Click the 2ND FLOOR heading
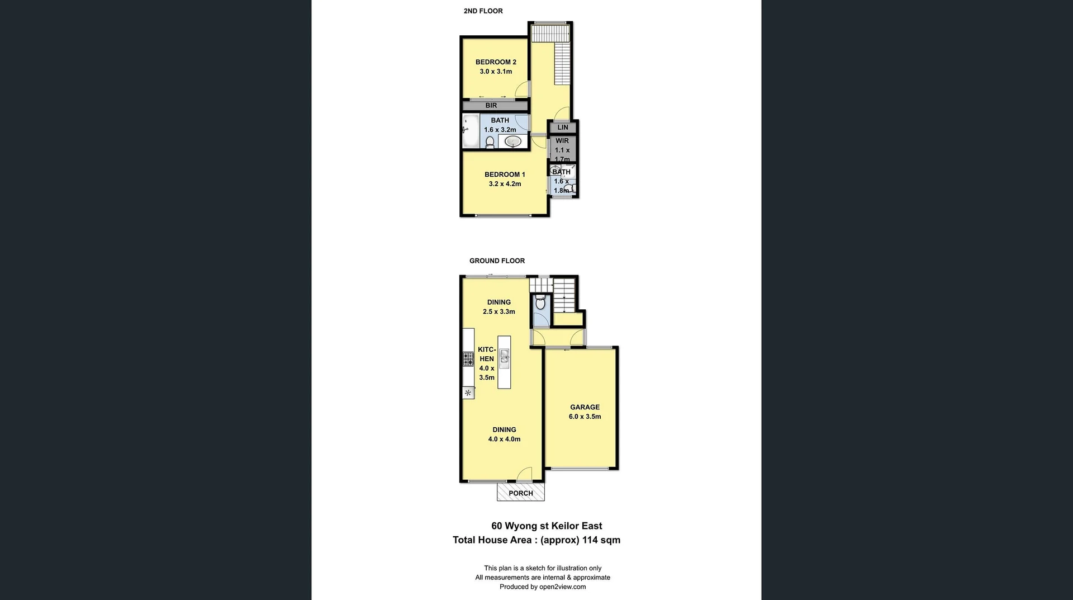click(x=483, y=11)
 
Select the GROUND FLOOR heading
click(x=497, y=261)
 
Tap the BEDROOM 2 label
click(x=496, y=62)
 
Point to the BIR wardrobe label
click(x=491, y=106)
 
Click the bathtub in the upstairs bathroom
click(x=471, y=131)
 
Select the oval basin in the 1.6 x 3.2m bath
click(x=513, y=142)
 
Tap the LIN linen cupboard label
click(x=563, y=127)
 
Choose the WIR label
click(x=562, y=141)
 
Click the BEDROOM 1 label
click(x=505, y=174)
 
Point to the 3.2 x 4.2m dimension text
click(x=505, y=184)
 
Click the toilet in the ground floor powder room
click(x=540, y=304)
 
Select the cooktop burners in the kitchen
click(x=468, y=358)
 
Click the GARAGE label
click(x=585, y=407)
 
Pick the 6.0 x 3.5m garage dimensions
click(x=585, y=417)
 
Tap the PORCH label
click(x=521, y=493)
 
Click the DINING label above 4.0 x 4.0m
click(x=504, y=430)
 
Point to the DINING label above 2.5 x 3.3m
click(x=498, y=303)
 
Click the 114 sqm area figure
click(x=601, y=540)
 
